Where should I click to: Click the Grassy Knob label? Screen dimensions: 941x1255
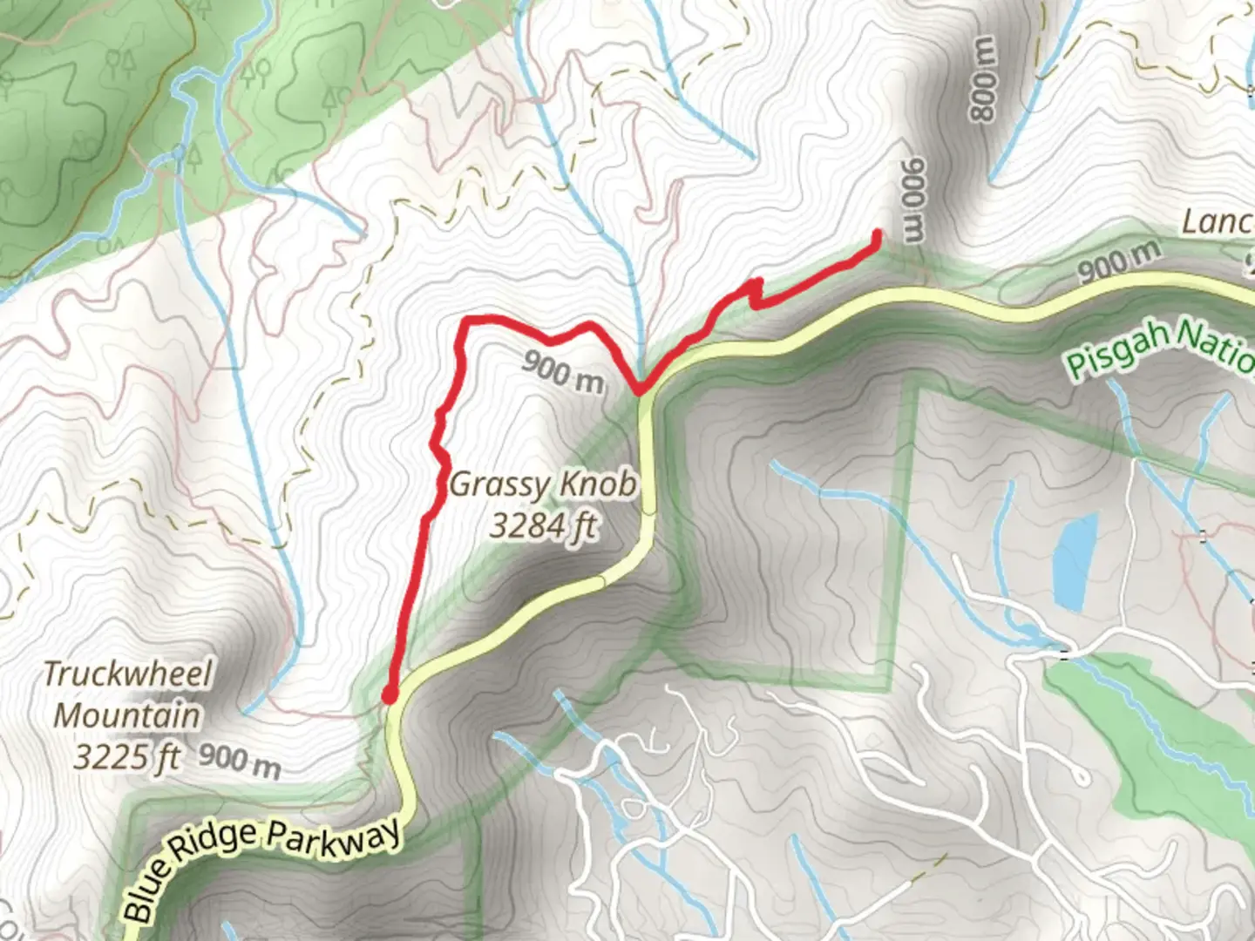point(542,484)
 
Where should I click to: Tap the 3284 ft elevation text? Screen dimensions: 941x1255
point(544,525)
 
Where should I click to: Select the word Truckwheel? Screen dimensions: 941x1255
point(127,674)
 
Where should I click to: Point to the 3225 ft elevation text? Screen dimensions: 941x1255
point(126,756)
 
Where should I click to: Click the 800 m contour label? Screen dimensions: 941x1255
point(982,79)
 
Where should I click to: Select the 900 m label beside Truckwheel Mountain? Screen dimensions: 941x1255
point(240,760)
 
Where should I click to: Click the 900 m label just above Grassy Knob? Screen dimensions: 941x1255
point(563,369)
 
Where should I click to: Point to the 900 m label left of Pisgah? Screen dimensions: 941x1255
point(1119,260)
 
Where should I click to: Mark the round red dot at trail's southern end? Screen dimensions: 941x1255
point(390,694)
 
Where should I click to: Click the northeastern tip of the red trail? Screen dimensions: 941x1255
point(876,234)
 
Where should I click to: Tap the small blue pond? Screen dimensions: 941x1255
point(1075,559)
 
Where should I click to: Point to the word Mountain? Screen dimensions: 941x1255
point(127,715)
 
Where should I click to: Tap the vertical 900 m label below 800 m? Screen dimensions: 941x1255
point(912,200)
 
